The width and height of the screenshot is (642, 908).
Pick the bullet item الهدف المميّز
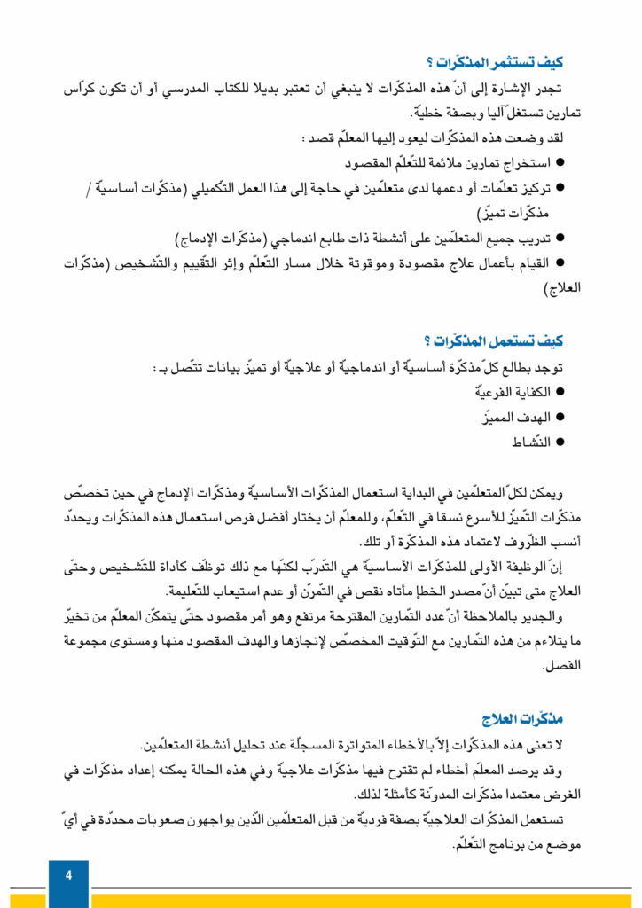520,417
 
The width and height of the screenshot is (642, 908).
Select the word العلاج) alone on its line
560,288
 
